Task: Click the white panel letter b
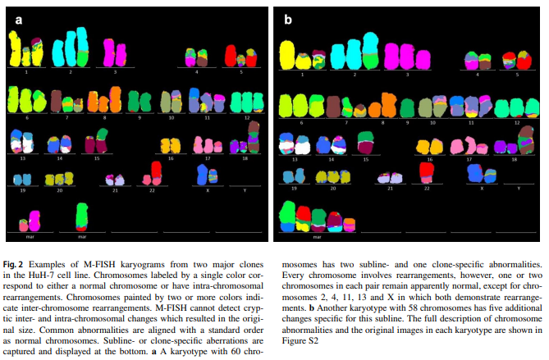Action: pyautogui.click(x=287, y=18)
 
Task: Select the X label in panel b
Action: pyautogui.click(x=481, y=188)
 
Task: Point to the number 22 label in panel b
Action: pyautogui.click(x=427, y=188)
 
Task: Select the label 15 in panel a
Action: pyautogui.click(x=97, y=158)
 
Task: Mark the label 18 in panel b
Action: pyautogui.click(x=514, y=159)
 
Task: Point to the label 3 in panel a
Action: pyautogui.click(x=115, y=72)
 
